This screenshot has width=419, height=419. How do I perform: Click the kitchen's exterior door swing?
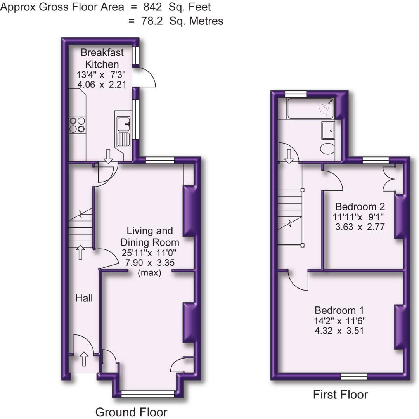point(144,78)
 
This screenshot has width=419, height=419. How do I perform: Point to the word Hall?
point(84,298)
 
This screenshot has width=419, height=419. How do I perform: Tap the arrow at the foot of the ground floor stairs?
point(80,252)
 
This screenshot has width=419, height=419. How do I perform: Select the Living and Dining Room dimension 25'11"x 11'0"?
point(150,253)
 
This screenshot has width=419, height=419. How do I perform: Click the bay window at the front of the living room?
point(147,394)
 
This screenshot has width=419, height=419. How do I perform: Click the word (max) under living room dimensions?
point(150,273)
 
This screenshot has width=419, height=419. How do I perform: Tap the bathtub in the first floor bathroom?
point(310,108)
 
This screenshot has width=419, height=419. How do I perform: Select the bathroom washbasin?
point(328,130)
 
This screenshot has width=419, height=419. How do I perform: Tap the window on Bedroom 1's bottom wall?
point(353,376)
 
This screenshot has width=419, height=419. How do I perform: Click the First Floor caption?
point(340,395)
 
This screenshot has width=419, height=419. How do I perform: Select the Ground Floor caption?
point(131,412)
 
